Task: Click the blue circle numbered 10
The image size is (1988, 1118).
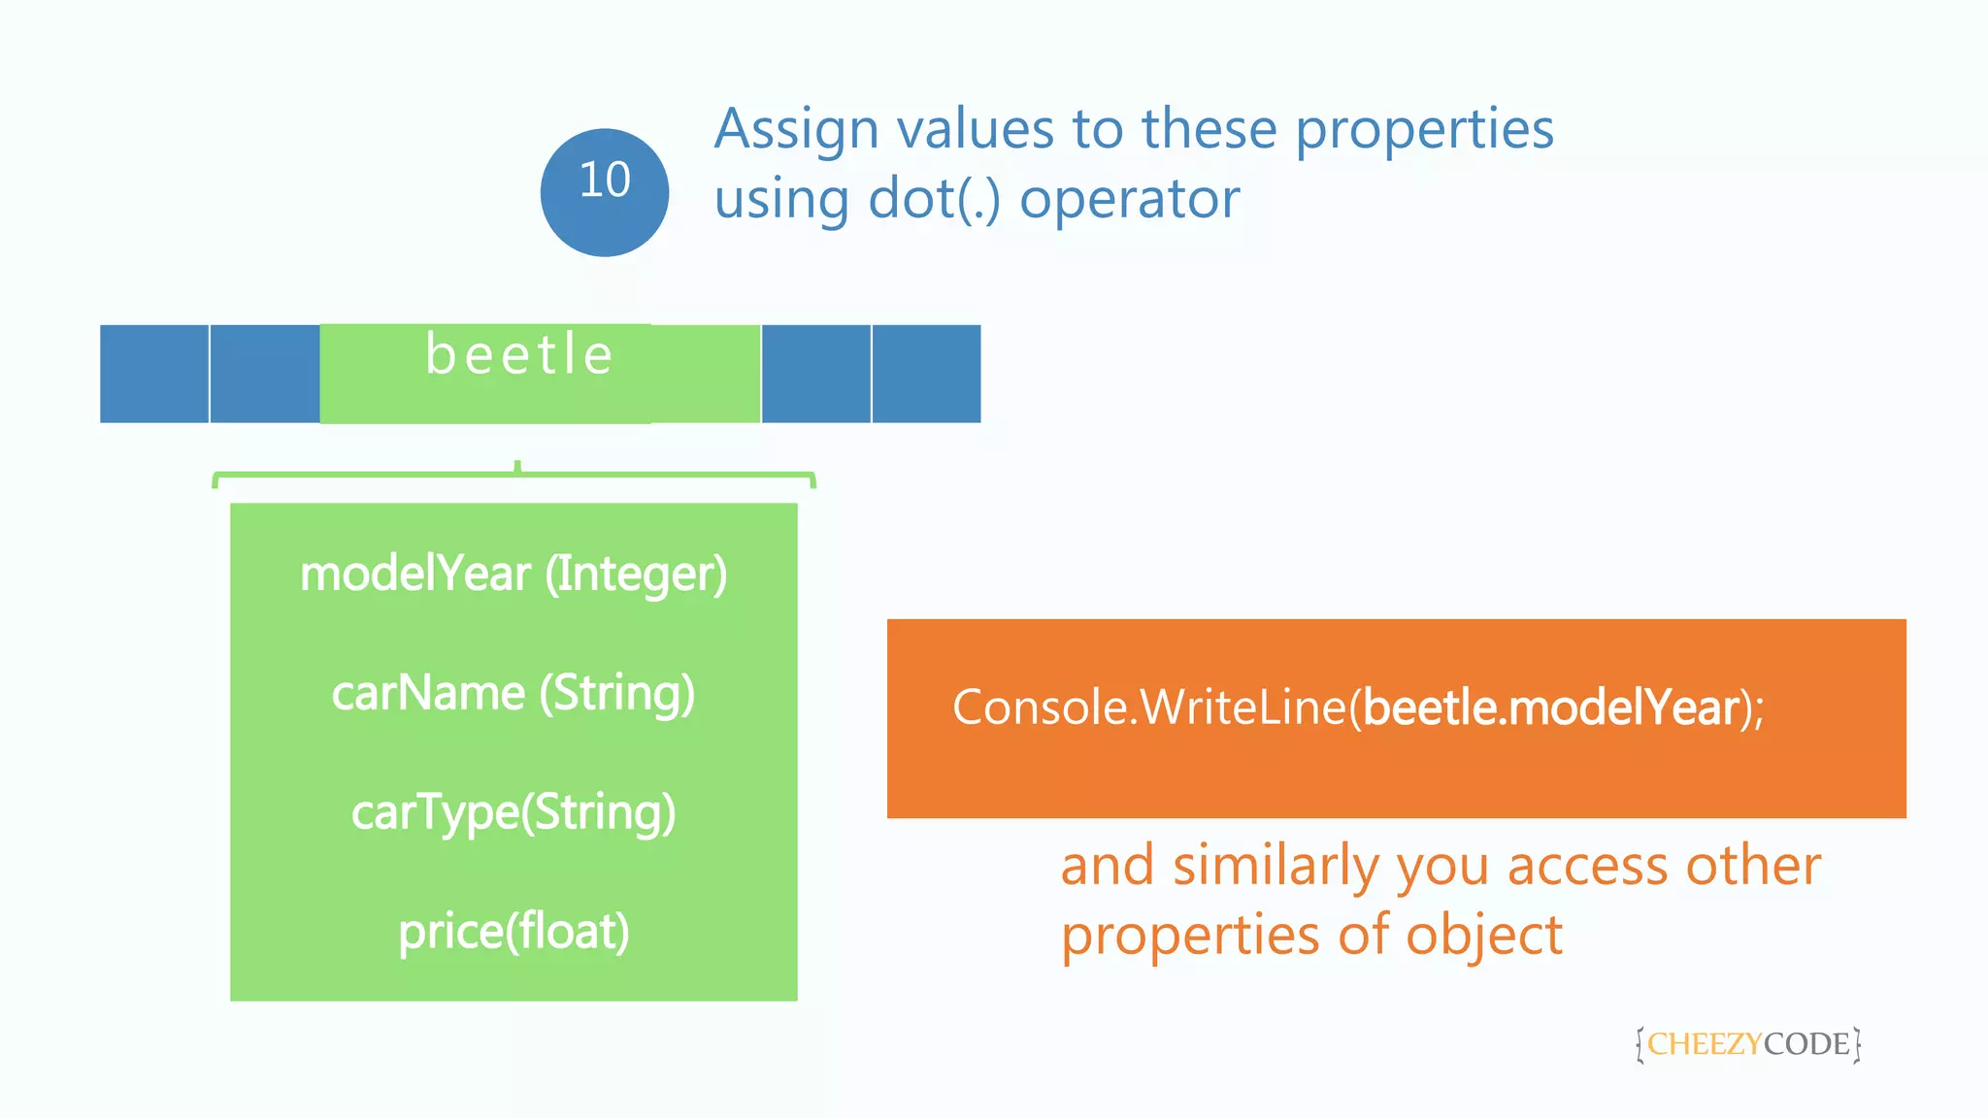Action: click(x=604, y=192)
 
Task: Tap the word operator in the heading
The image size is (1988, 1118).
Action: click(x=1129, y=200)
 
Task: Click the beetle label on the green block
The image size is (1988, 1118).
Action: click(x=519, y=354)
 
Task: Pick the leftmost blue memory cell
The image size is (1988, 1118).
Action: click(x=154, y=374)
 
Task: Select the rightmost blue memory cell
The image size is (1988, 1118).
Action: click(x=926, y=374)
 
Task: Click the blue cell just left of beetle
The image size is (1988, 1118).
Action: click(x=265, y=374)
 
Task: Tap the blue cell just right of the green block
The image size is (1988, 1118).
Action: click(x=815, y=374)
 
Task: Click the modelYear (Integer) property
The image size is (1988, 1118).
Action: click(x=514, y=574)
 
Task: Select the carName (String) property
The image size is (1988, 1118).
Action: click(x=514, y=693)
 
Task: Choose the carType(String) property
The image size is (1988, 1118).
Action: click(x=514, y=812)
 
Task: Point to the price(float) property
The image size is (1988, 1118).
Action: click(x=514, y=932)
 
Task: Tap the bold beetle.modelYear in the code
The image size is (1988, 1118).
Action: click(x=1550, y=707)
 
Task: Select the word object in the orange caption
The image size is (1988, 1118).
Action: click(x=1484, y=936)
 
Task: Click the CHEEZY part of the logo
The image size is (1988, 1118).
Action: click(x=1704, y=1044)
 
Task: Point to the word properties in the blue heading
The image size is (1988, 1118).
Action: click(x=1424, y=129)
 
